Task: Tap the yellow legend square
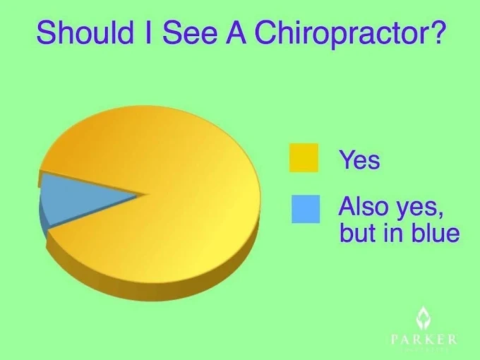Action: [x=304, y=157]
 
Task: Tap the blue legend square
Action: [x=306, y=209]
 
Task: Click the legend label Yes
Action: [x=359, y=160]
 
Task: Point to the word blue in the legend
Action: [x=436, y=232]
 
